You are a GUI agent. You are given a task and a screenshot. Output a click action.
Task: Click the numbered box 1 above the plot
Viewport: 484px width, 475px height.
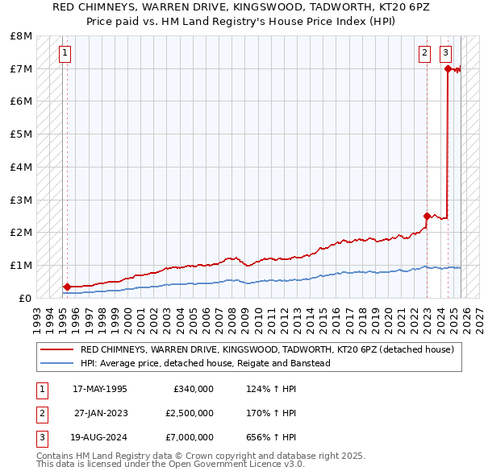pos(65,54)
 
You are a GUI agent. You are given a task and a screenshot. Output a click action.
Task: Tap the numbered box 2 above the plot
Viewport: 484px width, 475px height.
pos(424,54)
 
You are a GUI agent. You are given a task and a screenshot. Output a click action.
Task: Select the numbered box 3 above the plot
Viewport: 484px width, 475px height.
pos(445,54)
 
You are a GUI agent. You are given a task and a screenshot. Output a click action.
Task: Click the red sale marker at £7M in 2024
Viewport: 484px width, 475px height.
pos(448,68)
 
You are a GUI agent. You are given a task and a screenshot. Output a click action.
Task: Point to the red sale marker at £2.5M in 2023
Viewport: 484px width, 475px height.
pos(427,216)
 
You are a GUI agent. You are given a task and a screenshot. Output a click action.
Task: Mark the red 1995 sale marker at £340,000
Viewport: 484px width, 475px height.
pos(67,287)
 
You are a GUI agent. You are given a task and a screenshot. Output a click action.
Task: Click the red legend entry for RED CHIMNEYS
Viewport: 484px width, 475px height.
pos(266,349)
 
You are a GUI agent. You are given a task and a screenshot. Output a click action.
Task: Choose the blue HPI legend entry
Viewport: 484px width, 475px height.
pos(205,363)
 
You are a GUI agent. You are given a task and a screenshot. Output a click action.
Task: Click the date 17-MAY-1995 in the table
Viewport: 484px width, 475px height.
pos(100,389)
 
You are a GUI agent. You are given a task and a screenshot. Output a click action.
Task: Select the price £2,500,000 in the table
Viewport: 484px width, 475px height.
pos(189,413)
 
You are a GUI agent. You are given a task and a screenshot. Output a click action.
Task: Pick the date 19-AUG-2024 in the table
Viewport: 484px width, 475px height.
pos(100,438)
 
